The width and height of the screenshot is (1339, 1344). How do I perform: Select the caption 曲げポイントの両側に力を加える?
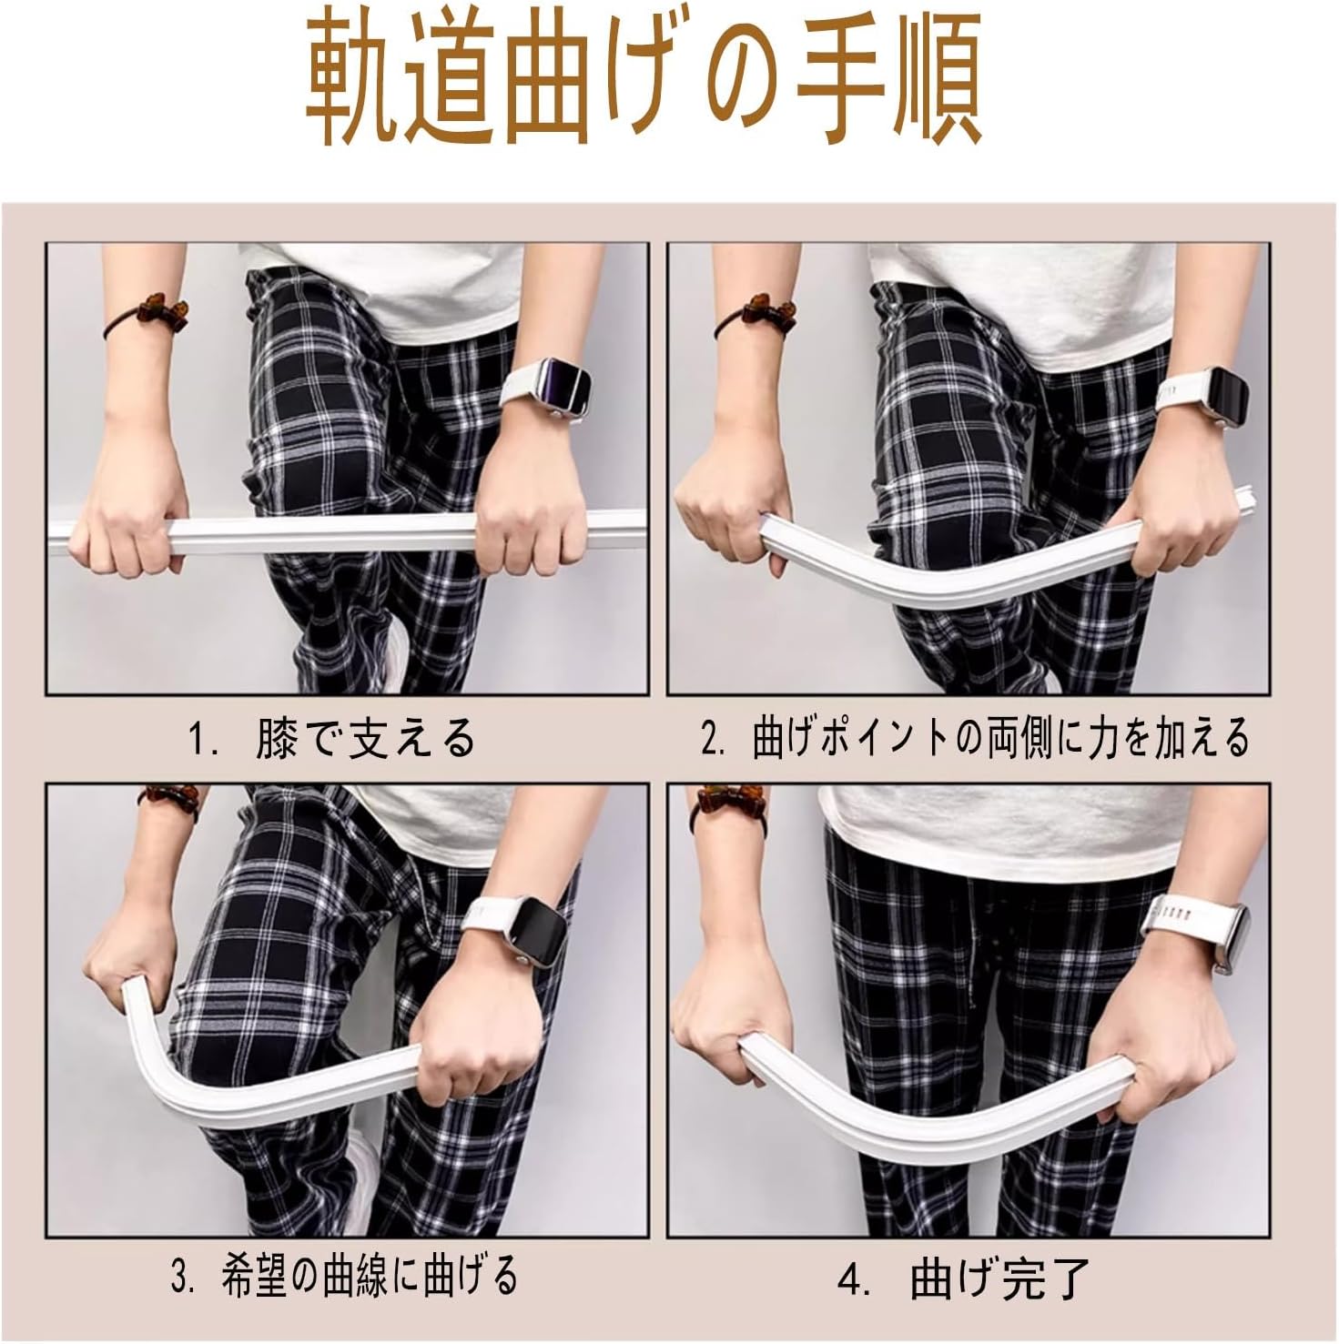(x=1000, y=738)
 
